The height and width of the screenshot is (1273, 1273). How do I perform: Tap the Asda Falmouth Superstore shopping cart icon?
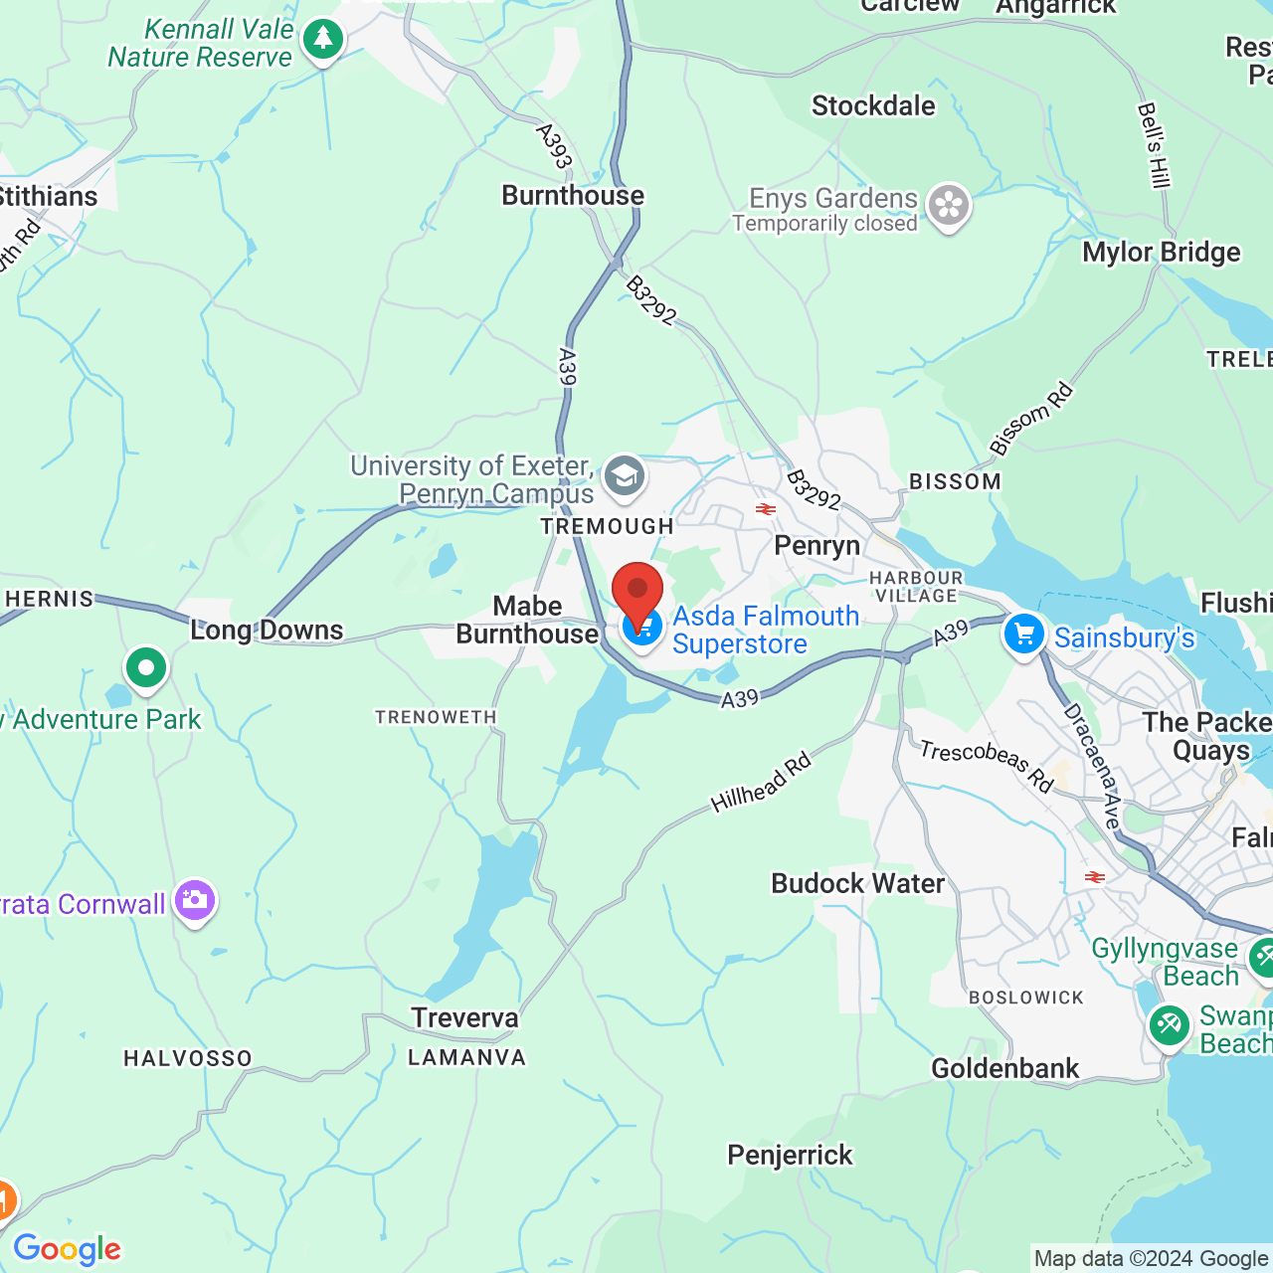(x=643, y=628)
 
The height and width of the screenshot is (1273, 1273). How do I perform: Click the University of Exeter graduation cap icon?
(x=624, y=476)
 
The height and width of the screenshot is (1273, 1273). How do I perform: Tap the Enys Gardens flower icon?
(x=949, y=206)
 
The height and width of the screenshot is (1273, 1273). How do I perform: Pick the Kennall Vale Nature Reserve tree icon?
(x=322, y=41)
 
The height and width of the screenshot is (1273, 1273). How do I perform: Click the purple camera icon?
(x=195, y=901)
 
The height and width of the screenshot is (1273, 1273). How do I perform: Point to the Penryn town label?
(x=817, y=546)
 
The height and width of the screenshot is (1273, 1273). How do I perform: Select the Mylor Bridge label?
(x=1161, y=253)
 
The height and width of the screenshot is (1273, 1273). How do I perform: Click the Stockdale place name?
(x=873, y=106)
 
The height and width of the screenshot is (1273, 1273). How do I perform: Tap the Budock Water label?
(x=857, y=883)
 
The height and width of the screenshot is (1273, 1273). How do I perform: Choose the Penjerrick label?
(x=790, y=1155)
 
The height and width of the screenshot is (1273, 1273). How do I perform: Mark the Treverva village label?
(x=464, y=1017)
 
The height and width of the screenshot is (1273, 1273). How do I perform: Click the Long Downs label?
(x=267, y=630)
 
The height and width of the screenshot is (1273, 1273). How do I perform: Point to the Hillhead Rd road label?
(x=762, y=783)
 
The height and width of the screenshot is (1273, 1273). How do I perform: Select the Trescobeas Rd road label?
(x=986, y=765)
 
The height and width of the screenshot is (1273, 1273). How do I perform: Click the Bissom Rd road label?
(x=1031, y=419)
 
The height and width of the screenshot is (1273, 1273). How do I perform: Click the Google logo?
(x=68, y=1249)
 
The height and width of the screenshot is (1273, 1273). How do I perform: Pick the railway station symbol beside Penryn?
(x=765, y=509)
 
